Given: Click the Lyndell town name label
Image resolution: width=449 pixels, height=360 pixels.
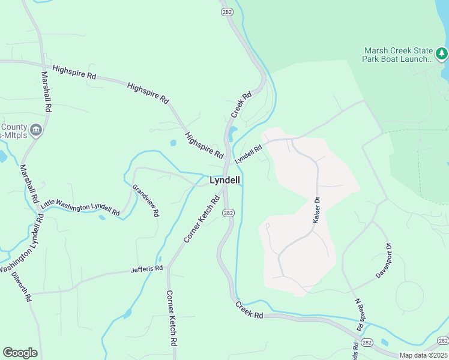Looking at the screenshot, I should (224, 180).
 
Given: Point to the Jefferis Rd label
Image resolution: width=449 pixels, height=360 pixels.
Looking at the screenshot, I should (146, 269).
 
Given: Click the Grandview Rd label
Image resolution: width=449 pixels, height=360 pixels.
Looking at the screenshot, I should (146, 200).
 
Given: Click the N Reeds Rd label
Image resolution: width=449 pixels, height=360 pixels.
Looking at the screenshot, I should (360, 316).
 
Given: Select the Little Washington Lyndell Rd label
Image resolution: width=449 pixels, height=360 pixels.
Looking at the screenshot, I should (80, 206).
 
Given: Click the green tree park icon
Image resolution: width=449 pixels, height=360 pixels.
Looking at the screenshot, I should (442, 55).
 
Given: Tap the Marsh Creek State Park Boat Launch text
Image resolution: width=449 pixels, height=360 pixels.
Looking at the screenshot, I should (397, 55).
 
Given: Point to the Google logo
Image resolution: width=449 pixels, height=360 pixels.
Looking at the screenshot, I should (20, 353).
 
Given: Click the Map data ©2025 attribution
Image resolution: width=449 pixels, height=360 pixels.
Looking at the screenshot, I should (423, 355).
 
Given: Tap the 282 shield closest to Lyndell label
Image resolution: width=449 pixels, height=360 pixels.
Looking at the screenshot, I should (228, 213).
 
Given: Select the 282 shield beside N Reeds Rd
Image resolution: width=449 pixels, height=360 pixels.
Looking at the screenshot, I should (368, 342).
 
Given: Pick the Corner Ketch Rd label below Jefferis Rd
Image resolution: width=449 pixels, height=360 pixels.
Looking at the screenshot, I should (171, 319).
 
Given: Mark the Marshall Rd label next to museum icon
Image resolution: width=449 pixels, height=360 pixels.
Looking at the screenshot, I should (44, 92).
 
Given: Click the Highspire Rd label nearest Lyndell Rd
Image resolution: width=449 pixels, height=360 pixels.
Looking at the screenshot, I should (204, 146).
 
